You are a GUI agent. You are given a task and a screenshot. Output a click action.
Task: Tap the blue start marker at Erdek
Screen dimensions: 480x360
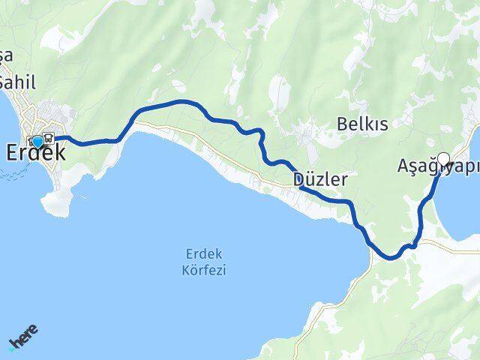(x=37, y=140)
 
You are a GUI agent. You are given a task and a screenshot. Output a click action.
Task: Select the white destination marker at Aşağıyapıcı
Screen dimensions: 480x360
(x=443, y=159)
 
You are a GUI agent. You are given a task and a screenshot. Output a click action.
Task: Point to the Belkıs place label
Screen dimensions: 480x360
(x=363, y=124)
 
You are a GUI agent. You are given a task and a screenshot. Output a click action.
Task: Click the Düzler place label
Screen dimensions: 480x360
(x=320, y=180)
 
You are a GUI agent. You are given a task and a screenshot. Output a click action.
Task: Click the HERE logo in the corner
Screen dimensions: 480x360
(x=22, y=338)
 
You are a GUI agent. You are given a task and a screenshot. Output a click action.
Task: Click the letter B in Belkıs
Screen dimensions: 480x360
(x=343, y=124)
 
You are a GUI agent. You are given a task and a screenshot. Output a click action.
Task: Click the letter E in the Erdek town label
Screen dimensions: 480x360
(x=13, y=153)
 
